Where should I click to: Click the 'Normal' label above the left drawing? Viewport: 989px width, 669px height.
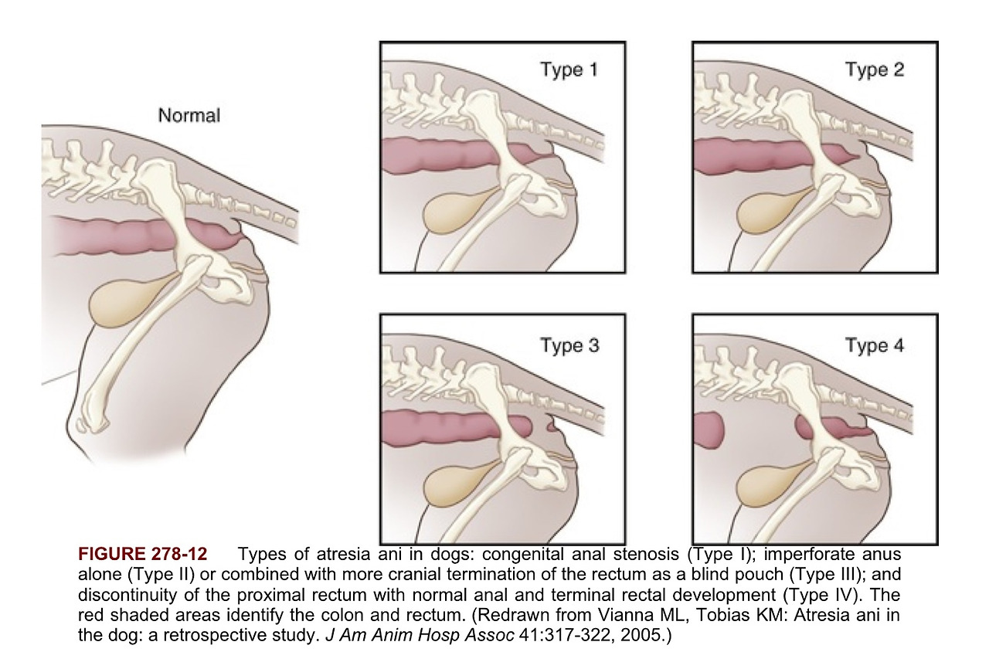tap(189, 116)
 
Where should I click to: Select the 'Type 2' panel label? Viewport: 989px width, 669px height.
tap(874, 70)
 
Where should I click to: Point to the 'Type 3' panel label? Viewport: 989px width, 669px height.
tap(569, 345)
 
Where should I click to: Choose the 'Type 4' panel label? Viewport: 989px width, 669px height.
tap(874, 345)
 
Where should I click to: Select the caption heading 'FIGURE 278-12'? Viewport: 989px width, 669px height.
tap(142, 555)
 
